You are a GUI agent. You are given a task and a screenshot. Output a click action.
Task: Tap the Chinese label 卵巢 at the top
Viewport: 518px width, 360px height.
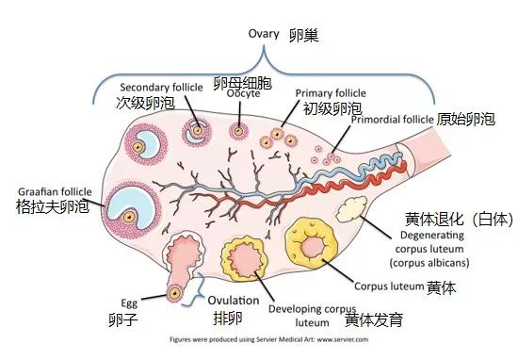point(304,35)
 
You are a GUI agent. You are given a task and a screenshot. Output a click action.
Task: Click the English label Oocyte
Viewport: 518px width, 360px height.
point(242,94)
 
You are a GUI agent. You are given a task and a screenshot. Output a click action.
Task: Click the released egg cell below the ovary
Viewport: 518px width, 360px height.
point(173,294)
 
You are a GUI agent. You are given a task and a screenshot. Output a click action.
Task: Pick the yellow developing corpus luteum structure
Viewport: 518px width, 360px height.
point(248,258)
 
